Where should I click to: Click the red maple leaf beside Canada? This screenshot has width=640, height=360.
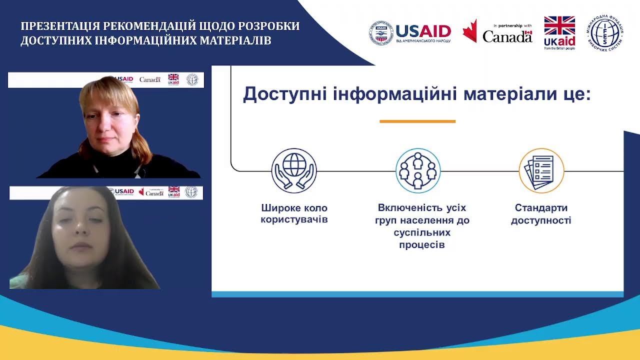pos(469,31)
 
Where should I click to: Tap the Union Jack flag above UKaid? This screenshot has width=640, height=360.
pos(559,25)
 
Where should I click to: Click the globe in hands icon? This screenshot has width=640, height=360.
pos(294,170)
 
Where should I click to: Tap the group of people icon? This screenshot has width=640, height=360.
pos(418,170)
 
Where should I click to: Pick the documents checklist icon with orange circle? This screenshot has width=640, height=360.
pos(541,170)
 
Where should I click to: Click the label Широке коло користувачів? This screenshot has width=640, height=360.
pos(294,213)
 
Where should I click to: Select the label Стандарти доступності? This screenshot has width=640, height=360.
pos(541,214)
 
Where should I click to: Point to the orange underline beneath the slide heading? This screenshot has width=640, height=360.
pos(417,121)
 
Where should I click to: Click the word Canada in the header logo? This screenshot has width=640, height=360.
pos(507,36)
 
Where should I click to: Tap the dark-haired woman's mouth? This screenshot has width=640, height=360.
pos(81,246)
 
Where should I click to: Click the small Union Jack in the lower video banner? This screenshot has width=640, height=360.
pos(173,190)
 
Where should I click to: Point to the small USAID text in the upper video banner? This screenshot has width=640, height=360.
pos(124,79)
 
